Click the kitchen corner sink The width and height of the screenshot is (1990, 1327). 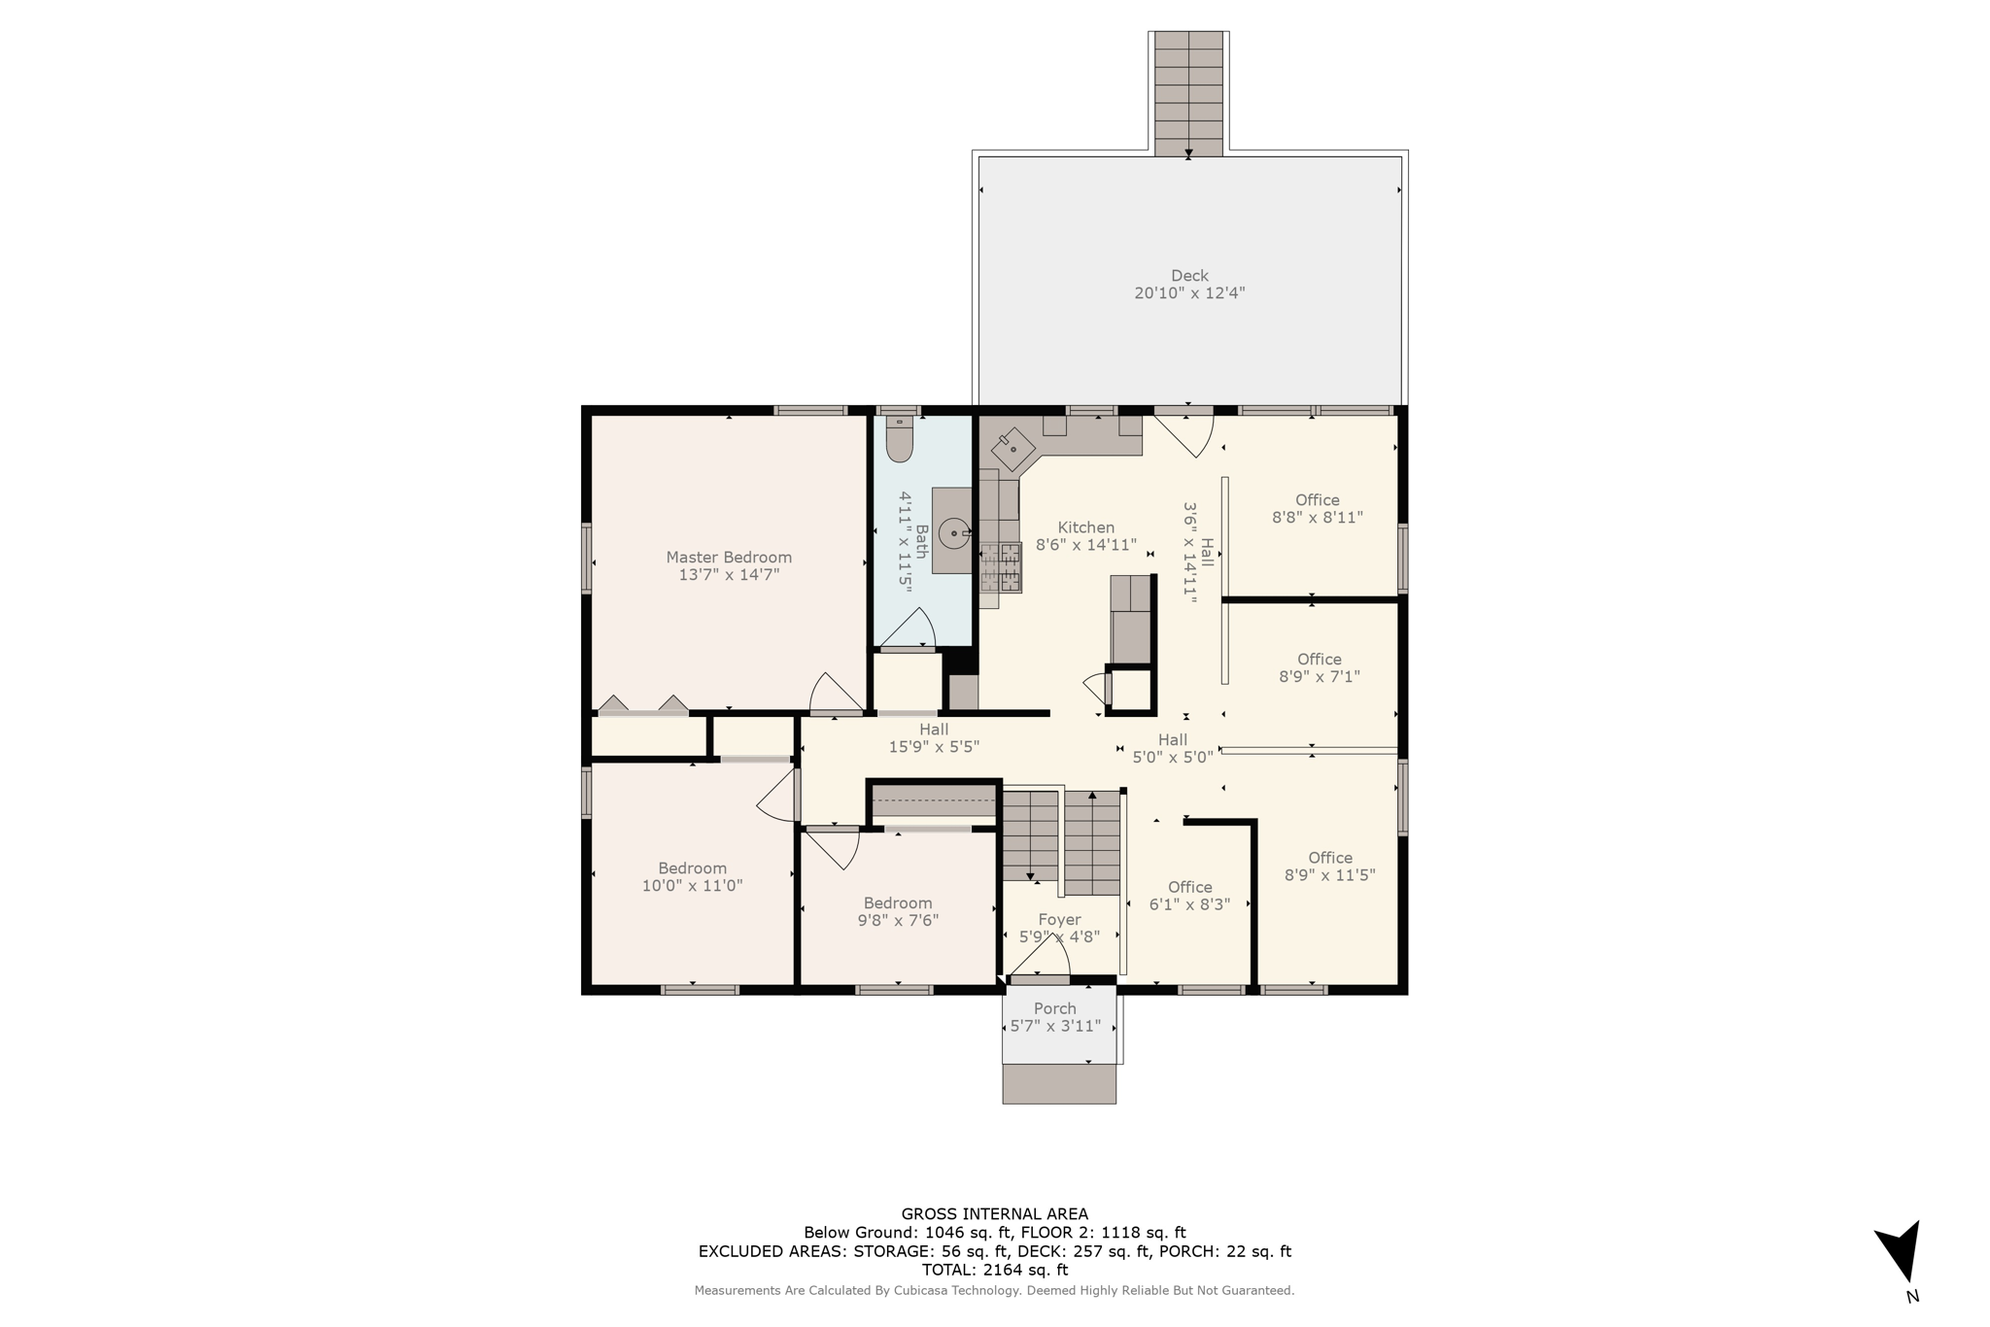click(1012, 449)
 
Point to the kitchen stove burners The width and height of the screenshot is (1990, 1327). click(1001, 568)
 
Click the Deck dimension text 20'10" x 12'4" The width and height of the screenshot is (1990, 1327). click(1189, 292)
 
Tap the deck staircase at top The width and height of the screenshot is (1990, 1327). click(1188, 92)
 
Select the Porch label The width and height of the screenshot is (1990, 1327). click(1055, 1008)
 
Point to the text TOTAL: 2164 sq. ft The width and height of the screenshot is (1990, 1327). click(994, 1270)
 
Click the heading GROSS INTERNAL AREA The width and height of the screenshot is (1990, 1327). click(994, 1213)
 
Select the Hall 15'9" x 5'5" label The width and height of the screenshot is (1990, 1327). click(934, 738)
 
